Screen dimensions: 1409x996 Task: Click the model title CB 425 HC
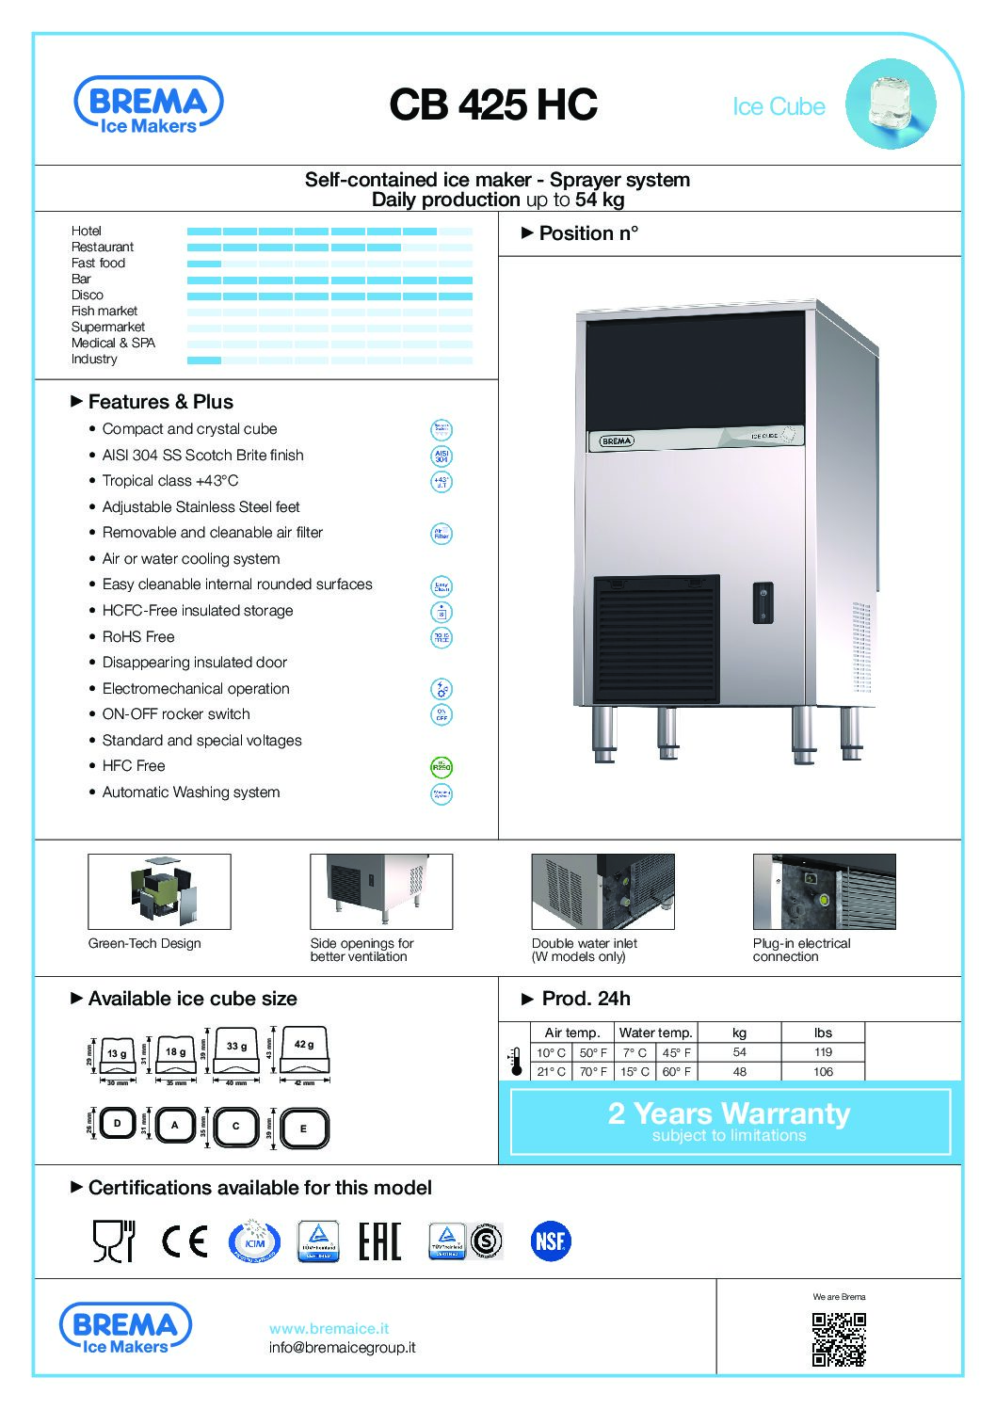(492, 104)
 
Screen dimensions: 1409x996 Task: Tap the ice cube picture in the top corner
(890, 104)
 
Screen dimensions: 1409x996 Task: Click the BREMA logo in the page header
(149, 104)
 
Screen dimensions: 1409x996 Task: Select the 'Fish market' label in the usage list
(104, 311)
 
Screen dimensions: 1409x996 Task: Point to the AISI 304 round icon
(441, 456)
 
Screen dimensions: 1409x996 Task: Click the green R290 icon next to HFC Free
(441, 767)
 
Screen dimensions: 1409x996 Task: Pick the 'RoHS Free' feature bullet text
(138, 636)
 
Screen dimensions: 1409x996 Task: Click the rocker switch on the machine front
(763, 602)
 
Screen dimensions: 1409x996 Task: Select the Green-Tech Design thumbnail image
(159, 891)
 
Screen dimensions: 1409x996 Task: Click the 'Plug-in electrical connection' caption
(801, 950)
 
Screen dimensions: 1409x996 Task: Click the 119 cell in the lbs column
(823, 1052)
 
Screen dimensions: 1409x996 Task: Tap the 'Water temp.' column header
(655, 1033)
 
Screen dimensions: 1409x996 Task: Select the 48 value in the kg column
(739, 1071)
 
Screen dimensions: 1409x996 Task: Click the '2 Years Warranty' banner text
(729, 1113)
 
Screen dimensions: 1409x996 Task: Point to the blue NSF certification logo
(550, 1241)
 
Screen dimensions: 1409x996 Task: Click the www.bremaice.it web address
(329, 1328)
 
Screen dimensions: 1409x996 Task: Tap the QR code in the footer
(838, 1339)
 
